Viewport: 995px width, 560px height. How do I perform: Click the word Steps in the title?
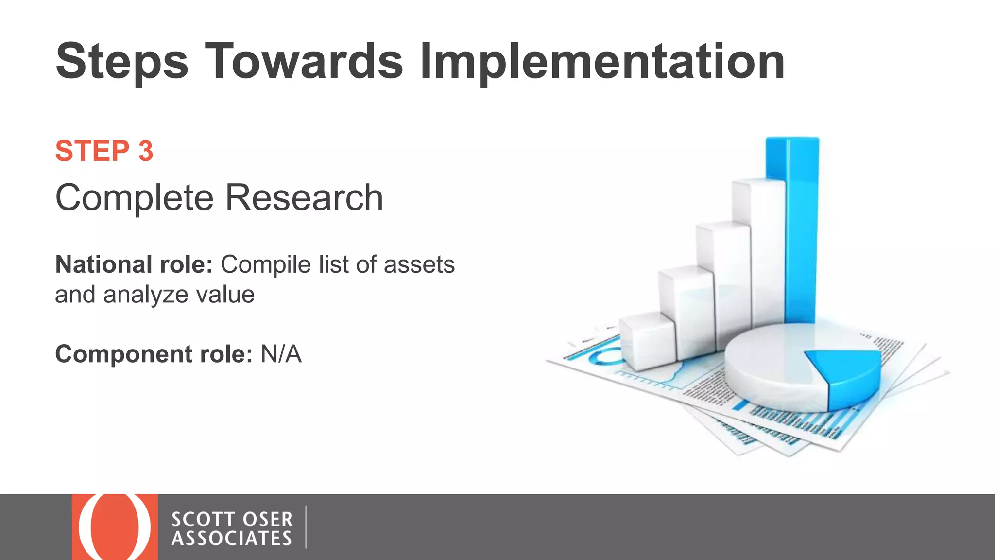121,62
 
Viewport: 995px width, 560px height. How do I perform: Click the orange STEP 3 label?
104,151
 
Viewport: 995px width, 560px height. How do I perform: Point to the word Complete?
135,198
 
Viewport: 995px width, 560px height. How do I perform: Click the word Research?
304,198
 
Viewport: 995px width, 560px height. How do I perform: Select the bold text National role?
134,265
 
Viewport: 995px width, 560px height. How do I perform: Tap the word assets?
419,265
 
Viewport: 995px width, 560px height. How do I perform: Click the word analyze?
145,295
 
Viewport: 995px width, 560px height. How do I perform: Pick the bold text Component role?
154,354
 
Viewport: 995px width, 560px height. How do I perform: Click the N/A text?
281,354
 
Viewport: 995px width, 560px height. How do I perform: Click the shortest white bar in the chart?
646,340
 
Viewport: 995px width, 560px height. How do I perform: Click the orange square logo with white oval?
115,527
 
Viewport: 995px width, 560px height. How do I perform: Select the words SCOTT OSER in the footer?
232,520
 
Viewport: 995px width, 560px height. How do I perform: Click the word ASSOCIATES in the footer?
232,539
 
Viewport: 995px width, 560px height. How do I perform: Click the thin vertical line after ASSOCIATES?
306,527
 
